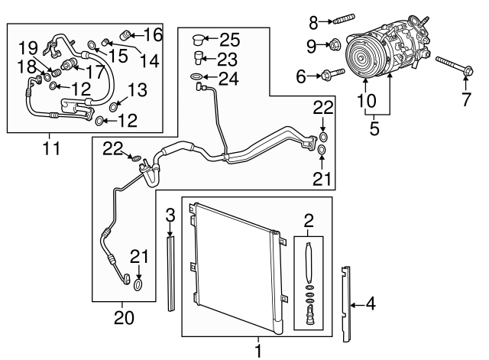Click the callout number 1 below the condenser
point(257,351)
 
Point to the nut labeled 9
point(334,46)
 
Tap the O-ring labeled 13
point(113,106)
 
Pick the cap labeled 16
point(128,34)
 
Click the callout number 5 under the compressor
point(374,128)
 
